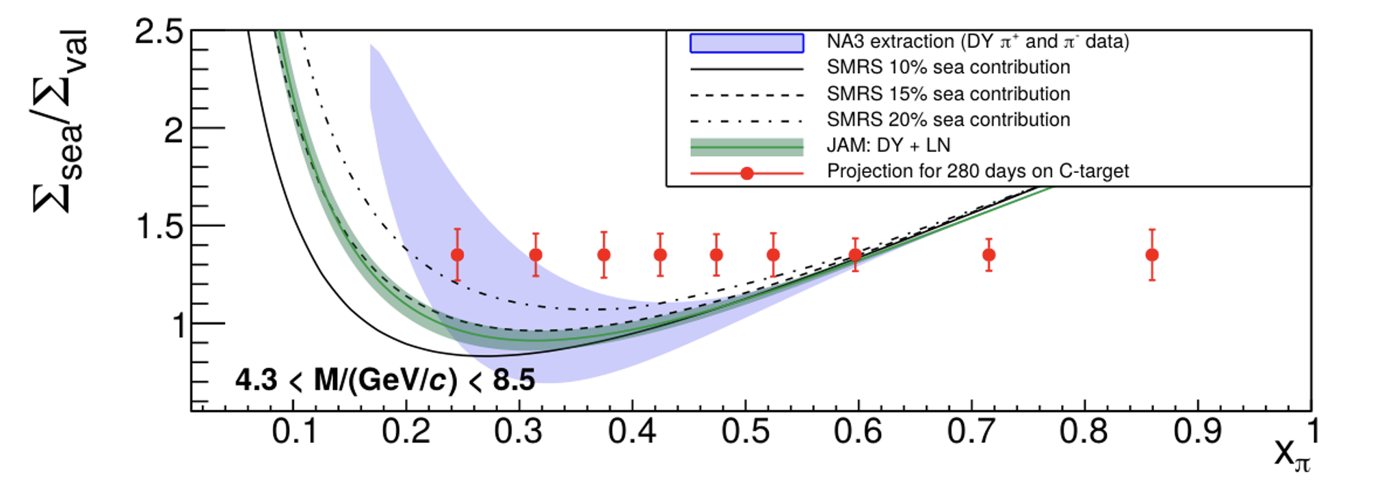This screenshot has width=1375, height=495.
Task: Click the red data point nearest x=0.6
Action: [x=855, y=255]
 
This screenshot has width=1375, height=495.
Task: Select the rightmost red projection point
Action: [x=1152, y=255]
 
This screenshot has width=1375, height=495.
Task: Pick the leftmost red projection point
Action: [x=458, y=255]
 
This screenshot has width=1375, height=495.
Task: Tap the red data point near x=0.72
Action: [x=988, y=255]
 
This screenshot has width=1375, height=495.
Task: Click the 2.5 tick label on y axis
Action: [x=159, y=32]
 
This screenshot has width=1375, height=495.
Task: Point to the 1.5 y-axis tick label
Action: [x=160, y=227]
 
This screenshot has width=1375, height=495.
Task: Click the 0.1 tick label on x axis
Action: [x=294, y=431]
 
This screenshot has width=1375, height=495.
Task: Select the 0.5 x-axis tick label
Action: [x=746, y=431]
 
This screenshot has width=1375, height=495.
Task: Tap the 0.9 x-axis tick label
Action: [x=1197, y=431]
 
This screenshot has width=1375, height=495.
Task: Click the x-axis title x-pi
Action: [x=1292, y=455]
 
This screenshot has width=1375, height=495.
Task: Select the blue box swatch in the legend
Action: [x=746, y=43]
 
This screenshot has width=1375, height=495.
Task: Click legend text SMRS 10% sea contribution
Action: [x=948, y=67]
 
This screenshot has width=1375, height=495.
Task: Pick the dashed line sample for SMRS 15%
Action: [x=746, y=95]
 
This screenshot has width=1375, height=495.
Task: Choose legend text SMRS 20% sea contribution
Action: [x=948, y=120]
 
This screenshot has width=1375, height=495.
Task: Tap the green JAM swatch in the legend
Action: [x=746, y=146]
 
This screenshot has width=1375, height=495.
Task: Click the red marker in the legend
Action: [x=747, y=174]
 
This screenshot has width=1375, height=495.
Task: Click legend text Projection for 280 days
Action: [x=978, y=171]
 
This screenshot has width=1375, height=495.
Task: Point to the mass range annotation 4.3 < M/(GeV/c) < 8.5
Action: [x=384, y=380]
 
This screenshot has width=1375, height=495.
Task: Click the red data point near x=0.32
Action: [x=536, y=255]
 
